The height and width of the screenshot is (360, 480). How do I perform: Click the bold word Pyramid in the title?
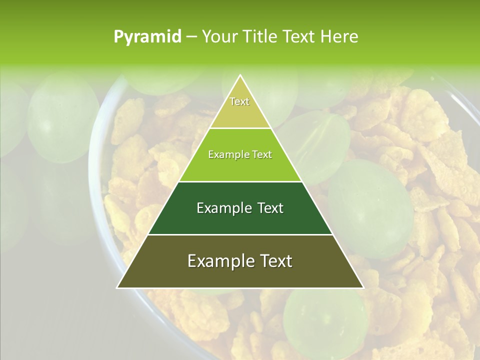coord(147,36)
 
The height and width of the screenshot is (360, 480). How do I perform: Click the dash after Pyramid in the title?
coord(191,36)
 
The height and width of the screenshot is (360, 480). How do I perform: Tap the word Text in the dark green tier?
coord(270,208)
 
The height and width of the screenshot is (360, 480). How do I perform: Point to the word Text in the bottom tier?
coord(276,261)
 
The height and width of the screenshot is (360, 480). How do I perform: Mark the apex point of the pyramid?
coord(240,75)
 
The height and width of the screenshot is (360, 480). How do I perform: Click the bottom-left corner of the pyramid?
coord(117,288)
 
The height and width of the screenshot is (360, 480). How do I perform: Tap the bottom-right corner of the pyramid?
coord(363,288)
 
